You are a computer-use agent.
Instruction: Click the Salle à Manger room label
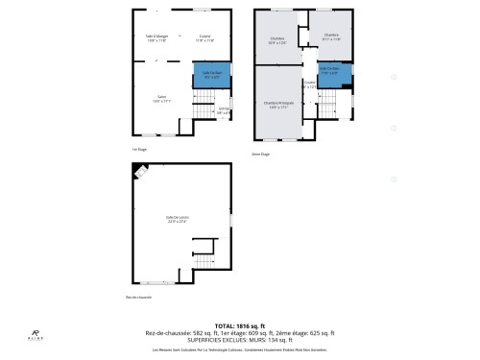(157, 39)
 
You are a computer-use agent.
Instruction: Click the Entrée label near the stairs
(223, 111)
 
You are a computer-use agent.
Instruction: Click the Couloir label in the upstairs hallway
(309, 84)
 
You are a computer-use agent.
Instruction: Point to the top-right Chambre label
(332, 37)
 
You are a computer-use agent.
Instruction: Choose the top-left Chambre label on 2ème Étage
(276, 40)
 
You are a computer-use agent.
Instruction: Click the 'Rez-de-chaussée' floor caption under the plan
(140, 297)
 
